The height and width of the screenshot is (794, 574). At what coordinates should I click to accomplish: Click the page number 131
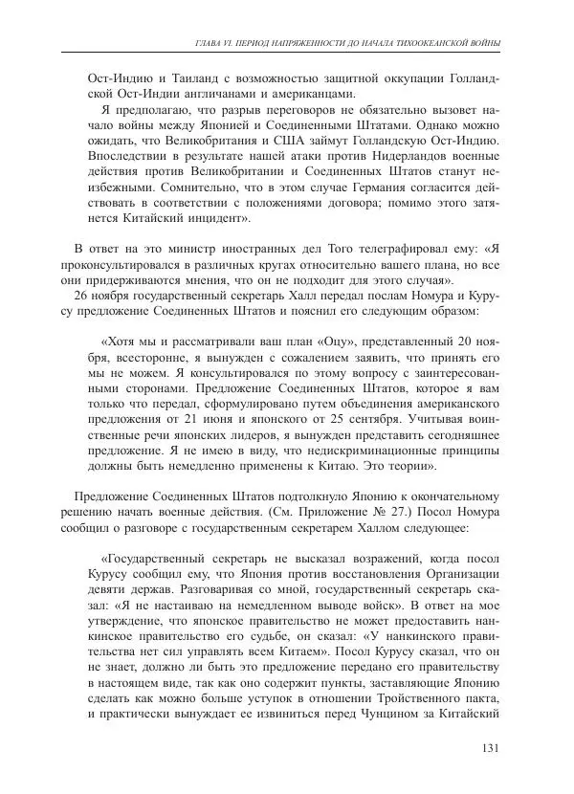pos(489,749)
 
